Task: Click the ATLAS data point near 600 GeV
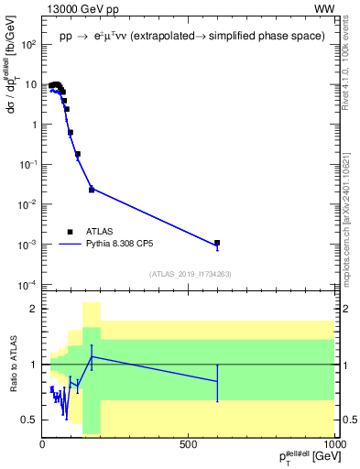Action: pos(217,244)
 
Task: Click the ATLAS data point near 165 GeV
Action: pos(92,190)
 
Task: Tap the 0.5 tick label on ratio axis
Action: pos(29,420)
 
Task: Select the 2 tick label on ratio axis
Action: pos(34,309)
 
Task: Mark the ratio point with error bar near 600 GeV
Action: pos(217,380)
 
